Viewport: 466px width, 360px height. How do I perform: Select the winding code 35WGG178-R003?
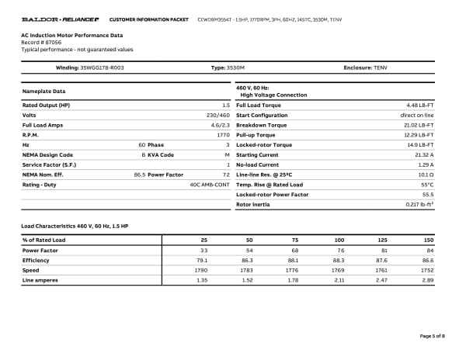tap(102, 68)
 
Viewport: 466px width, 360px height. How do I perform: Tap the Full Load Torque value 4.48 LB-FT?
tap(419, 105)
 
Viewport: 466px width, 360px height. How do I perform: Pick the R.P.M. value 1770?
tap(223, 135)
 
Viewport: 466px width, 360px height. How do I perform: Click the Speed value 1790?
tap(202, 270)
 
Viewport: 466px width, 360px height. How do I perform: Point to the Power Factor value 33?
tap(204, 250)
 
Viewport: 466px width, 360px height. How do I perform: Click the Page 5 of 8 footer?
tap(432, 335)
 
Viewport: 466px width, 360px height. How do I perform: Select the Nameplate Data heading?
tap(43, 91)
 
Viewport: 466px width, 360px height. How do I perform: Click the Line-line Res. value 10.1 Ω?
tap(425, 175)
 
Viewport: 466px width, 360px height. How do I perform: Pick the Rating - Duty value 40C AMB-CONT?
tap(210, 185)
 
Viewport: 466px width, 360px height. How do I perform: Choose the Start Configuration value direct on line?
tap(417, 115)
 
